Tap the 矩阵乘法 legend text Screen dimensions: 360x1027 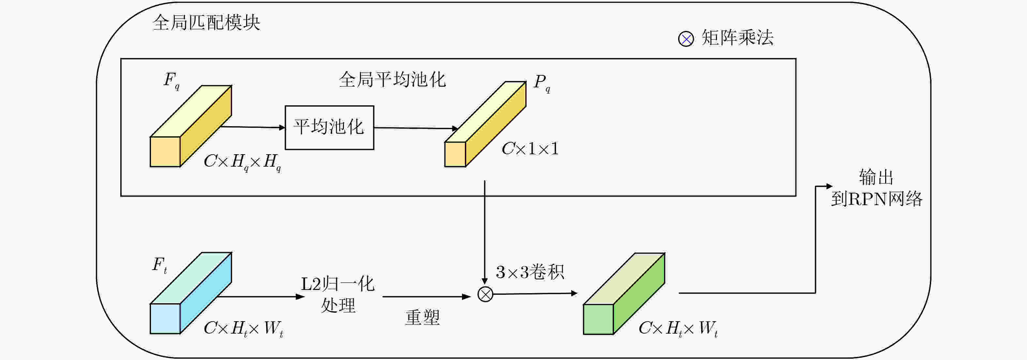737,38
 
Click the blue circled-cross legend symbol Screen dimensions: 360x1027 686,39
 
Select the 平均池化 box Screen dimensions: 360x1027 329,127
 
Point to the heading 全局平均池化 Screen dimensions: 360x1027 392,79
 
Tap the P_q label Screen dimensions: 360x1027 542,83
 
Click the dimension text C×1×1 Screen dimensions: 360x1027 530,149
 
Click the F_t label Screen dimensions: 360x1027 159,265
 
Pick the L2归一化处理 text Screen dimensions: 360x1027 338,294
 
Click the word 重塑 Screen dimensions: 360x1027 422,318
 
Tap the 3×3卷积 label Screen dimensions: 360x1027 530,272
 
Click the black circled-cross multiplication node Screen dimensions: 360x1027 485,294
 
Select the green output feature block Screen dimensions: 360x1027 624,294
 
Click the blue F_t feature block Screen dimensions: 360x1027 191,293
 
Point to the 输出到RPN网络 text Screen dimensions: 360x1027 876,188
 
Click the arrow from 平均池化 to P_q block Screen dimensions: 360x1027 415,128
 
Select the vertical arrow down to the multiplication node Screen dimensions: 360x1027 485,231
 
